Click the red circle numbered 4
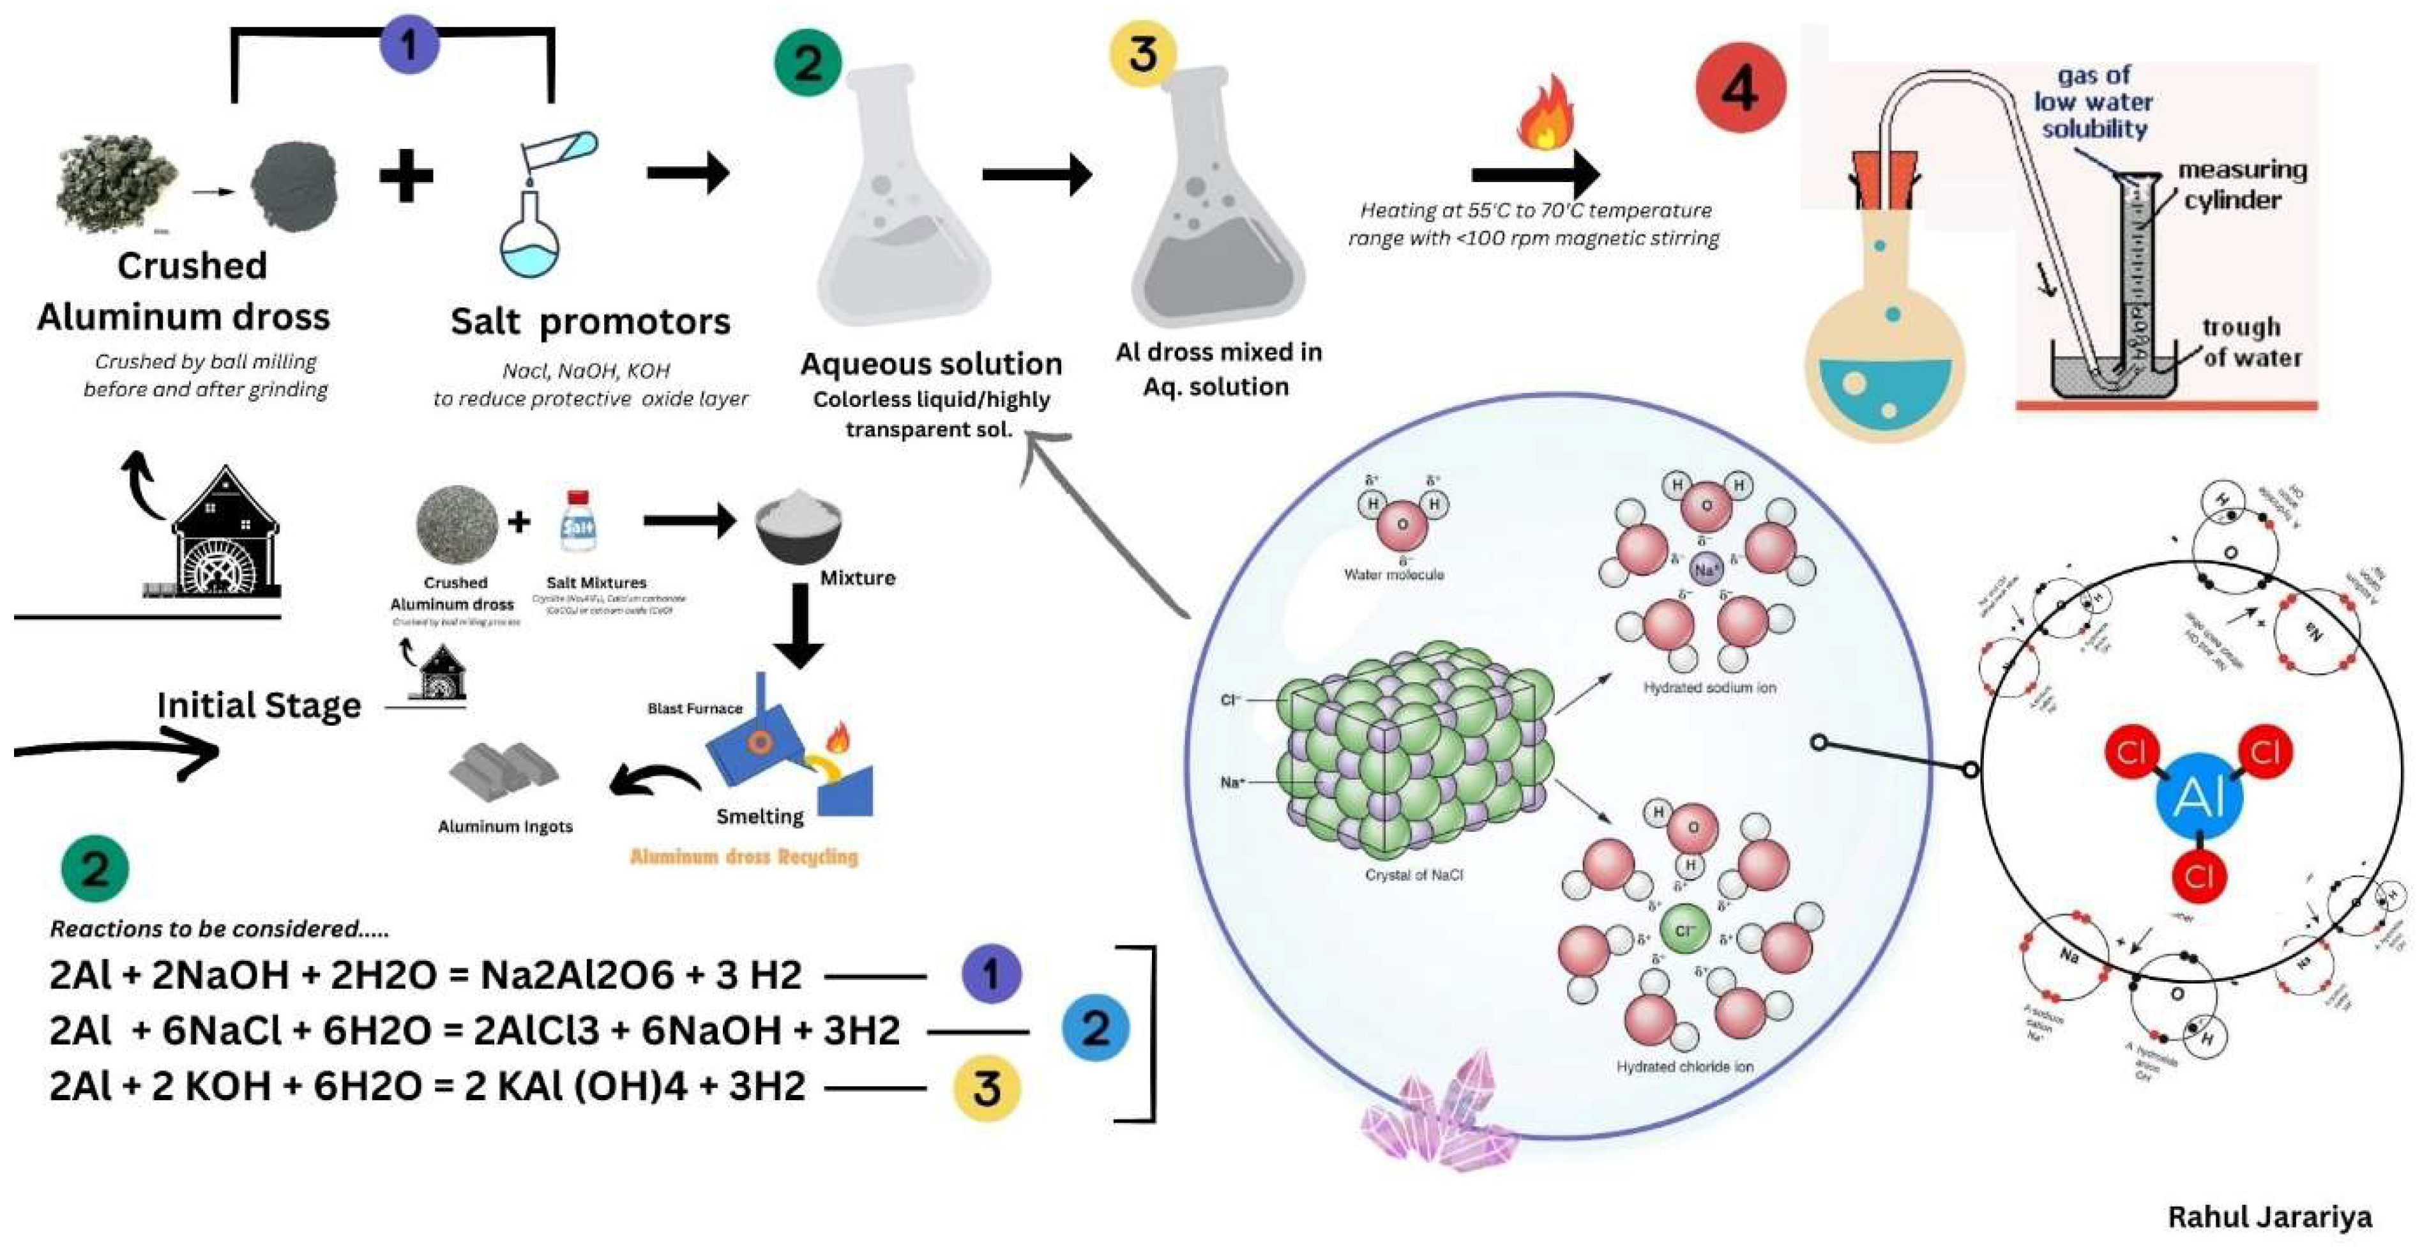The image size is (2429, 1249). click(1740, 89)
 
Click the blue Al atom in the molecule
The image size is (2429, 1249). click(2198, 797)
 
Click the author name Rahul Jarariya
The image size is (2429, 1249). click(2269, 1216)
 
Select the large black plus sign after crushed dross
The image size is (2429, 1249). click(405, 176)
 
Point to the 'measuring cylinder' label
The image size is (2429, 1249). click(2241, 185)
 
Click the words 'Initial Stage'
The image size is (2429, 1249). click(259, 705)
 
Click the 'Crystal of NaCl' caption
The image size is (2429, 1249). click(1414, 875)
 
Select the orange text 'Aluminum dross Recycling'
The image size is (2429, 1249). click(744, 857)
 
